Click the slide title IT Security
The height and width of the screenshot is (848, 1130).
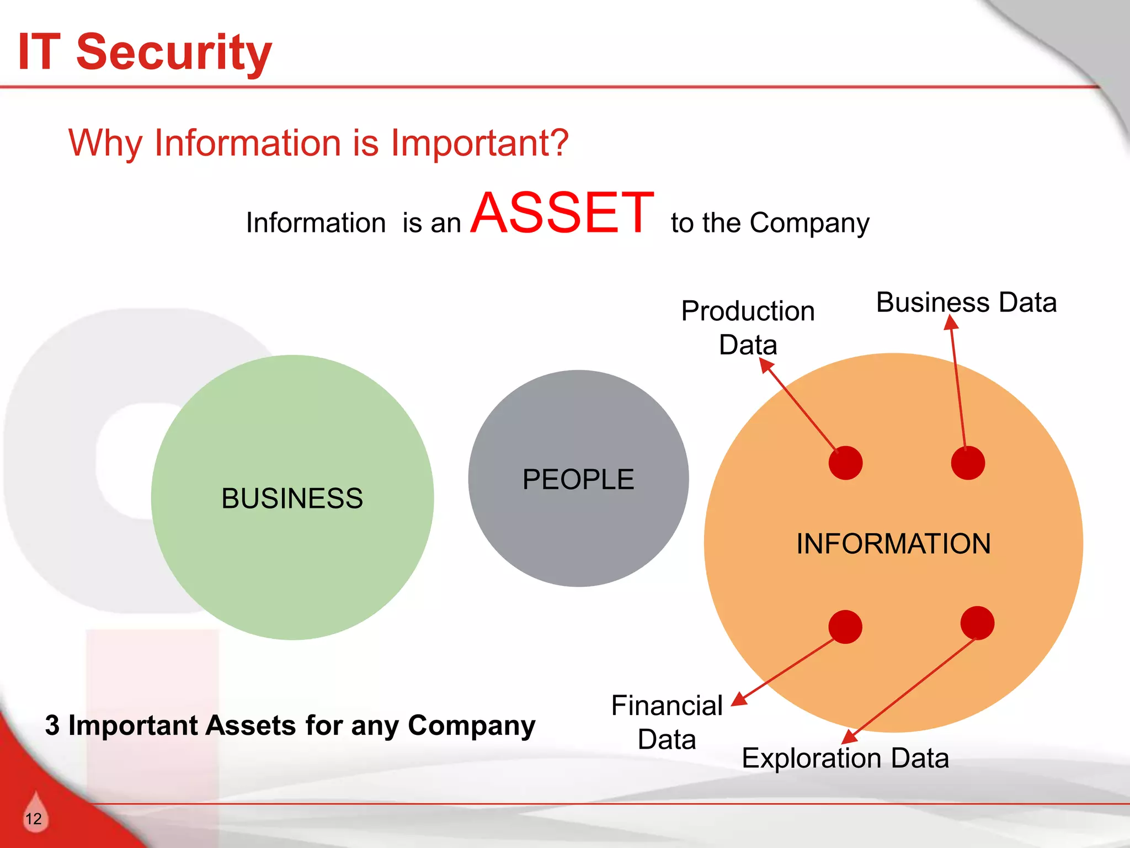(x=145, y=52)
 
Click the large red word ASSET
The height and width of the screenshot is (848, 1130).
(x=562, y=213)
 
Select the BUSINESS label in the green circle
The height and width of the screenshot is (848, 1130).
(x=292, y=499)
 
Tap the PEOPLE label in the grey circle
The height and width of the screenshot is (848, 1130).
(x=578, y=479)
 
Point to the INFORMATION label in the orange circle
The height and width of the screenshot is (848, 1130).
(x=893, y=544)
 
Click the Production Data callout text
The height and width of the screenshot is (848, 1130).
(x=748, y=327)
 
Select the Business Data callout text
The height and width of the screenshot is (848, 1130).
(x=966, y=303)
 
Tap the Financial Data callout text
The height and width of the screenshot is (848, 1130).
(x=667, y=722)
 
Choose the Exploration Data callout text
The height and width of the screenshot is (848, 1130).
(x=845, y=758)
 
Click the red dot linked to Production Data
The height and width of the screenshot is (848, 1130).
(x=845, y=463)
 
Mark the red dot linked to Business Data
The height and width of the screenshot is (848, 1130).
(x=968, y=463)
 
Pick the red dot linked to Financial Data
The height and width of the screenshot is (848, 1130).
(x=845, y=627)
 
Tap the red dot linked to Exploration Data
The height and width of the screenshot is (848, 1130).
(x=977, y=623)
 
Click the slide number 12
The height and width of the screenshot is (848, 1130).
(x=34, y=819)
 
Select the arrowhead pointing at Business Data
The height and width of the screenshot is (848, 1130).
(x=951, y=322)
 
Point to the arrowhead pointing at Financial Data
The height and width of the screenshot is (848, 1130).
(x=739, y=699)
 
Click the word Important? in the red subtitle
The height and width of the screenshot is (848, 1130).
(x=479, y=143)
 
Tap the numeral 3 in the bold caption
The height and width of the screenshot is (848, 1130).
(x=52, y=725)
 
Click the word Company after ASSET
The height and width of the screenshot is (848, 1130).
(x=809, y=224)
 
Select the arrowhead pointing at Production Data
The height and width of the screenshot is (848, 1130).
(x=766, y=365)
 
